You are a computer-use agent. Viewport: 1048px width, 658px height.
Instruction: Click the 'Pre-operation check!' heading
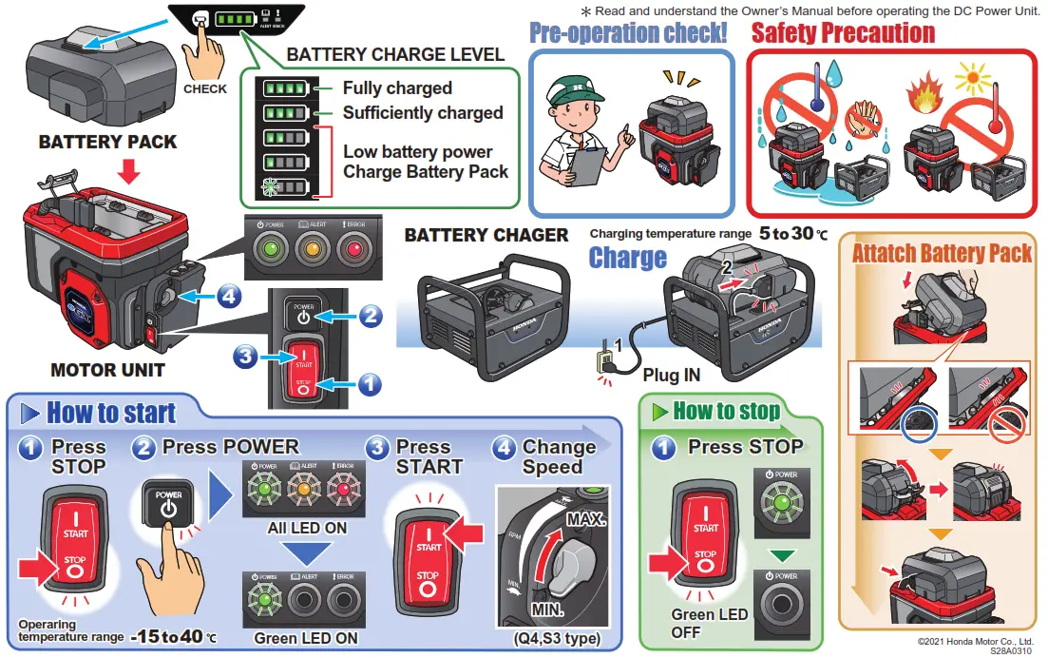click(x=628, y=32)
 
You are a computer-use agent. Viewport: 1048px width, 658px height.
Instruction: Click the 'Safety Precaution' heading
click(x=843, y=32)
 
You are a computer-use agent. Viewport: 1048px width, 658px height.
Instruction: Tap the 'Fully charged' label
click(x=397, y=87)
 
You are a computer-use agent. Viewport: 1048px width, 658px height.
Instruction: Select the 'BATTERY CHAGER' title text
click(x=486, y=235)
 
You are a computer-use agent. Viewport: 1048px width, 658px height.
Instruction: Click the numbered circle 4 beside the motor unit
click(x=228, y=297)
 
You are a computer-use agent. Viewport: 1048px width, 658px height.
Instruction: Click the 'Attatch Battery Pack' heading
click(x=941, y=253)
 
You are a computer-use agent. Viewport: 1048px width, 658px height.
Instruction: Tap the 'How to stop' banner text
click(x=727, y=411)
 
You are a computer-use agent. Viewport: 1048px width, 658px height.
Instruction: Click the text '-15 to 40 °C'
click(x=172, y=635)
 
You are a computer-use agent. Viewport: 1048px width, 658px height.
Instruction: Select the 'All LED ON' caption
click(x=307, y=528)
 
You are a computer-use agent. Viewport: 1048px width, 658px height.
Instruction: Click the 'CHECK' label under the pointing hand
click(x=205, y=88)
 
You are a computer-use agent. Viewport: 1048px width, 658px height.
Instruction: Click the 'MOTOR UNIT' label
click(x=107, y=370)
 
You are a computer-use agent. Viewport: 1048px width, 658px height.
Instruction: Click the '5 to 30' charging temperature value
click(x=792, y=233)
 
